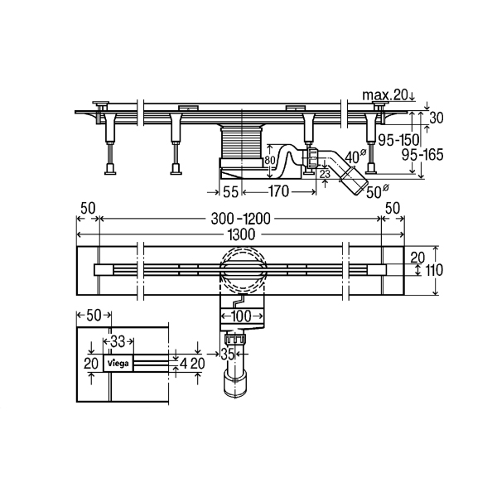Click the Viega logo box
(x=118, y=364)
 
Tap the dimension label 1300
(x=241, y=234)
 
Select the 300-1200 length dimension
(x=241, y=219)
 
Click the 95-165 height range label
(x=422, y=155)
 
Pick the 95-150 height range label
(x=398, y=140)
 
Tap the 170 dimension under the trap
(x=278, y=191)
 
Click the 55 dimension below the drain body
(x=230, y=191)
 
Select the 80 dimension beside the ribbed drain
(x=269, y=161)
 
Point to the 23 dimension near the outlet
(x=325, y=174)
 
